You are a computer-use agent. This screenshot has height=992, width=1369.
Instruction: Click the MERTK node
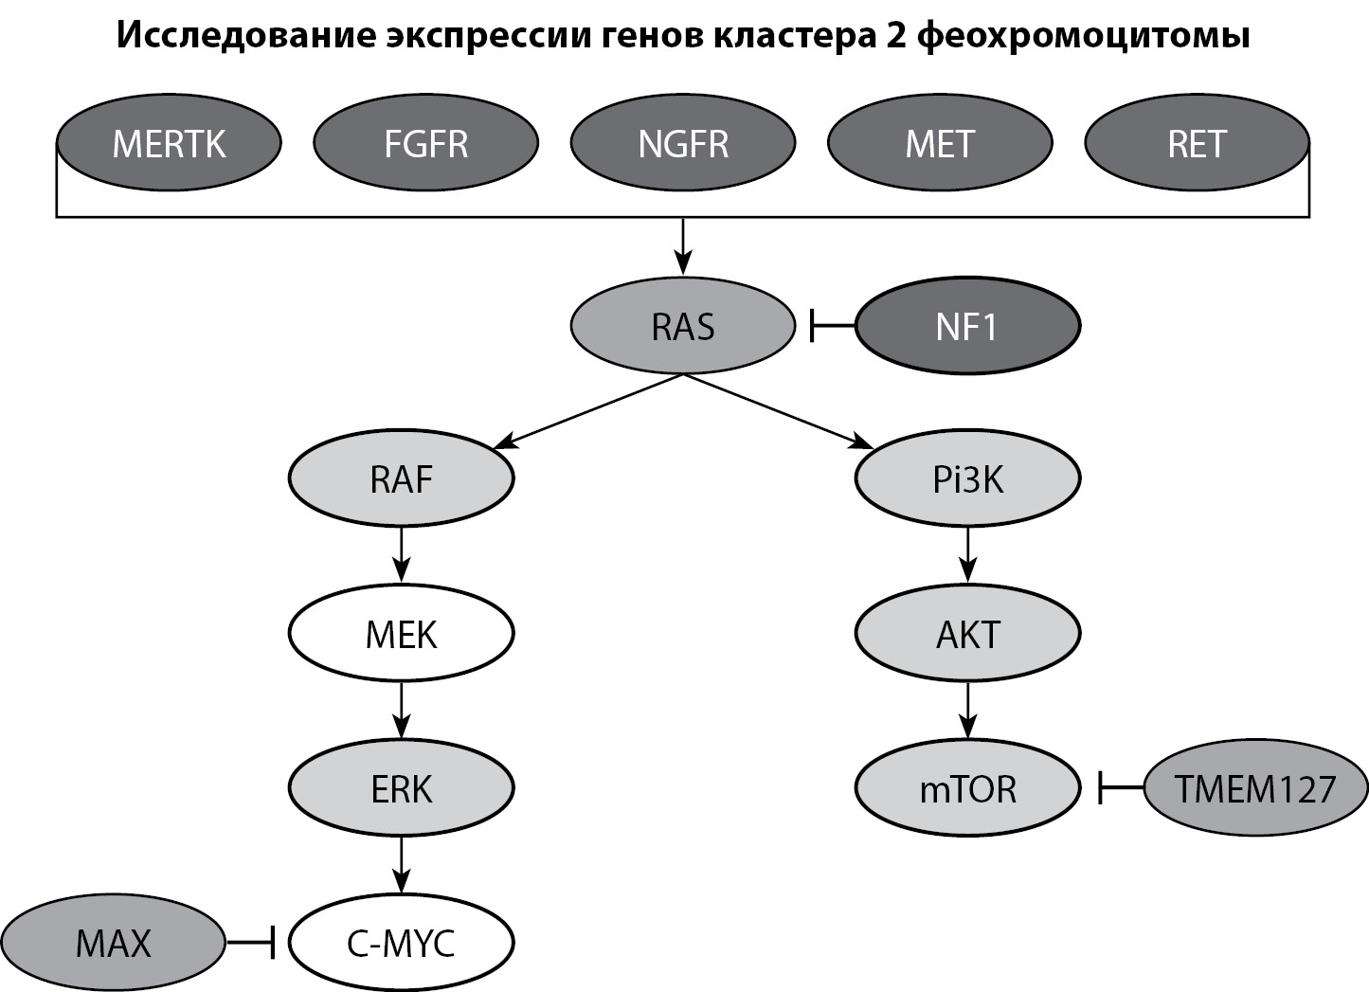click(169, 144)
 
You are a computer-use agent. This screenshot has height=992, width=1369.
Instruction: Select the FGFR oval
click(425, 144)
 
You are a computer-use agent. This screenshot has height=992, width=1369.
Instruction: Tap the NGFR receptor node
click(682, 144)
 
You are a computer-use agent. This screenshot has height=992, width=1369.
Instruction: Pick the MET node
click(940, 144)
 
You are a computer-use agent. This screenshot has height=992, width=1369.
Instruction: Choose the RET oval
click(1197, 144)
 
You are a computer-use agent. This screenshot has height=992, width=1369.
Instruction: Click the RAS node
click(682, 327)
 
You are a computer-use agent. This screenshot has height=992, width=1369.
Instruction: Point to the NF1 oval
click(967, 327)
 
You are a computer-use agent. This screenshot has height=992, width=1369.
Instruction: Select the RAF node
click(401, 479)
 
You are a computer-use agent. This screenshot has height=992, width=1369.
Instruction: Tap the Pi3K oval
click(967, 479)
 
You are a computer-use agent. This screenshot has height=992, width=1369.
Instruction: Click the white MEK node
click(401, 634)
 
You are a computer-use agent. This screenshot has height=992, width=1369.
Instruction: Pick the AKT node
click(967, 634)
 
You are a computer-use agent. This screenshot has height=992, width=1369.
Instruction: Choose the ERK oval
click(401, 788)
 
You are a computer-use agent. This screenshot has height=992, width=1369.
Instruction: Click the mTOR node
click(967, 788)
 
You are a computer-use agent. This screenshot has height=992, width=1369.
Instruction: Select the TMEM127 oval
click(1255, 788)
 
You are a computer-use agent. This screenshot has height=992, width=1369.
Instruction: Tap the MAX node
click(113, 943)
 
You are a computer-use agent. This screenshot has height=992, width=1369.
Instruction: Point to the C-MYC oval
click(401, 943)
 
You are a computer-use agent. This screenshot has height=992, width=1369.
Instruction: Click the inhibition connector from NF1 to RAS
click(833, 327)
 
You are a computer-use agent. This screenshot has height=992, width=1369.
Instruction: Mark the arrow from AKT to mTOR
click(967, 711)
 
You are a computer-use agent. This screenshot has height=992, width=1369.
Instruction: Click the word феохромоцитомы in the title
click(1084, 36)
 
